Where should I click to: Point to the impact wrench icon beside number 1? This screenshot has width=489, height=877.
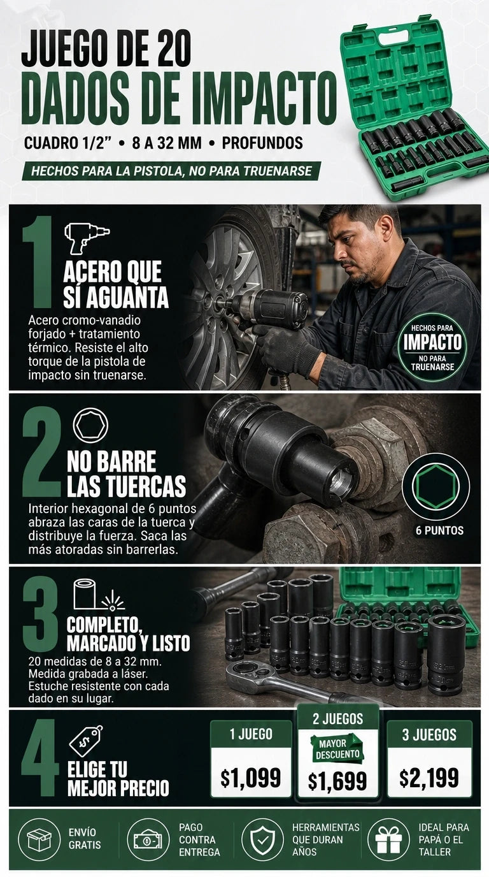87,238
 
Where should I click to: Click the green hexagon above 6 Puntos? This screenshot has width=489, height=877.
436,486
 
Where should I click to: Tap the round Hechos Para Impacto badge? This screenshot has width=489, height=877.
432,347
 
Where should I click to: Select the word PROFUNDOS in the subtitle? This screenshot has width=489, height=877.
262,143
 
